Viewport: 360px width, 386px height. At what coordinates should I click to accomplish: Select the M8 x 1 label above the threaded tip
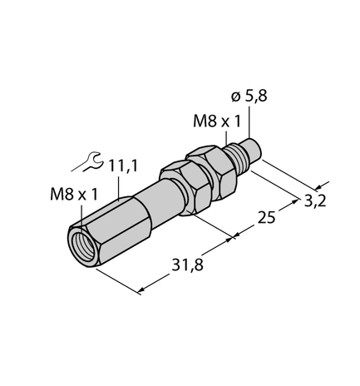click(x=218, y=121)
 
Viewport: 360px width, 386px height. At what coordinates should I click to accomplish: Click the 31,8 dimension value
click(x=177, y=268)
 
